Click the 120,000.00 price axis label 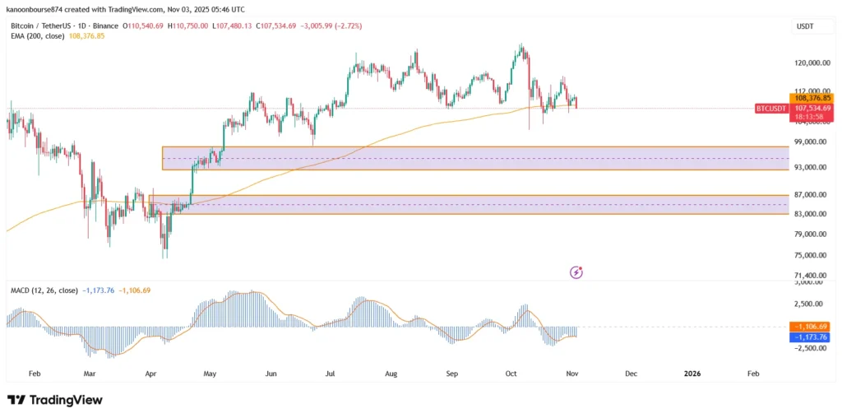pyautogui.click(x=811, y=63)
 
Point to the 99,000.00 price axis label pyautogui.click(x=811, y=142)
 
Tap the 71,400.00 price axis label pyautogui.click(x=811, y=276)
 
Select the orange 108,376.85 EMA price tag pyautogui.click(x=811, y=98)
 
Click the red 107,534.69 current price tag pyautogui.click(x=811, y=108)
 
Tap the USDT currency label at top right pyautogui.click(x=806, y=27)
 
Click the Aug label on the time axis pyautogui.click(x=391, y=374)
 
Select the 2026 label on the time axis pyautogui.click(x=692, y=374)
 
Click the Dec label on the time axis pyautogui.click(x=631, y=374)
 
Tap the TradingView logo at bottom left pyautogui.click(x=55, y=400)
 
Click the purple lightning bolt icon pyautogui.click(x=577, y=272)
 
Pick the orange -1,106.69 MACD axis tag pyautogui.click(x=811, y=327)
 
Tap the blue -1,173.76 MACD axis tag pyautogui.click(x=811, y=337)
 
